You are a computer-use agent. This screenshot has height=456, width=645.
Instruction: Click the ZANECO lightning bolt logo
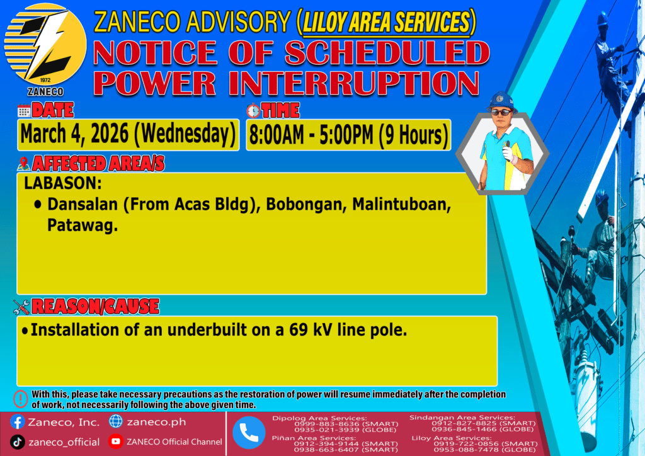tap(45, 45)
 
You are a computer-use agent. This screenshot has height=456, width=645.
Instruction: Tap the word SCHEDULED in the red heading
tap(387, 53)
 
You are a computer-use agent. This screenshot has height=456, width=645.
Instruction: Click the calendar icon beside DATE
tap(24, 111)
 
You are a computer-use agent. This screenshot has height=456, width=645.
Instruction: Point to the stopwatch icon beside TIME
tap(253, 111)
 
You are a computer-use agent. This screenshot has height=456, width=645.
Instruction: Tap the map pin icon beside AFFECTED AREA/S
tap(23, 164)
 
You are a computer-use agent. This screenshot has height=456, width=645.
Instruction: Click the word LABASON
tap(62, 183)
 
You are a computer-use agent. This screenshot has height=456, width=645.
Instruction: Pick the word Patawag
tap(83, 225)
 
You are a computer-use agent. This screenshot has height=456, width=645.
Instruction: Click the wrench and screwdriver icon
tap(21, 307)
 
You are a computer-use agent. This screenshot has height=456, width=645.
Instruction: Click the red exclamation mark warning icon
tap(20, 399)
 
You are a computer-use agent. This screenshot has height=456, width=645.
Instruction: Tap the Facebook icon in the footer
tap(17, 422)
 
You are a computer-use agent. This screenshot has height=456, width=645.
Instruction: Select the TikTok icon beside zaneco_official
tap(17, 442)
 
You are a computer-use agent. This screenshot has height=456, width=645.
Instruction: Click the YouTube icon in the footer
tap(116, 442)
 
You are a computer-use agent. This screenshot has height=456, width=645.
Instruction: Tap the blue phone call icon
tap(249, 433)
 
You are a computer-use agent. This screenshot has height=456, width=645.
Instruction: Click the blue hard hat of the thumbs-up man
tap(501, 101)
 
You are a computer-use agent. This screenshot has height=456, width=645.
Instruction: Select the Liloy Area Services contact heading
tap(451, 438)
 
